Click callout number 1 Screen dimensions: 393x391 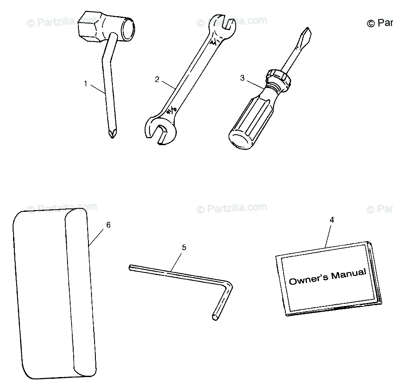tap(86, 83)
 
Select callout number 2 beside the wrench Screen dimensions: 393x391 tap(157, 79)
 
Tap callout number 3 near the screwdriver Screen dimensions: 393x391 tap(242, 78)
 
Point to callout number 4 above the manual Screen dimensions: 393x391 tap(332, 220)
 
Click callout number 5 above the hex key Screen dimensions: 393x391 tap(184, 248)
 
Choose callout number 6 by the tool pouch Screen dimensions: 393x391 tap(108, 225)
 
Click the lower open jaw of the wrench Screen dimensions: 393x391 tap(159, 131)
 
